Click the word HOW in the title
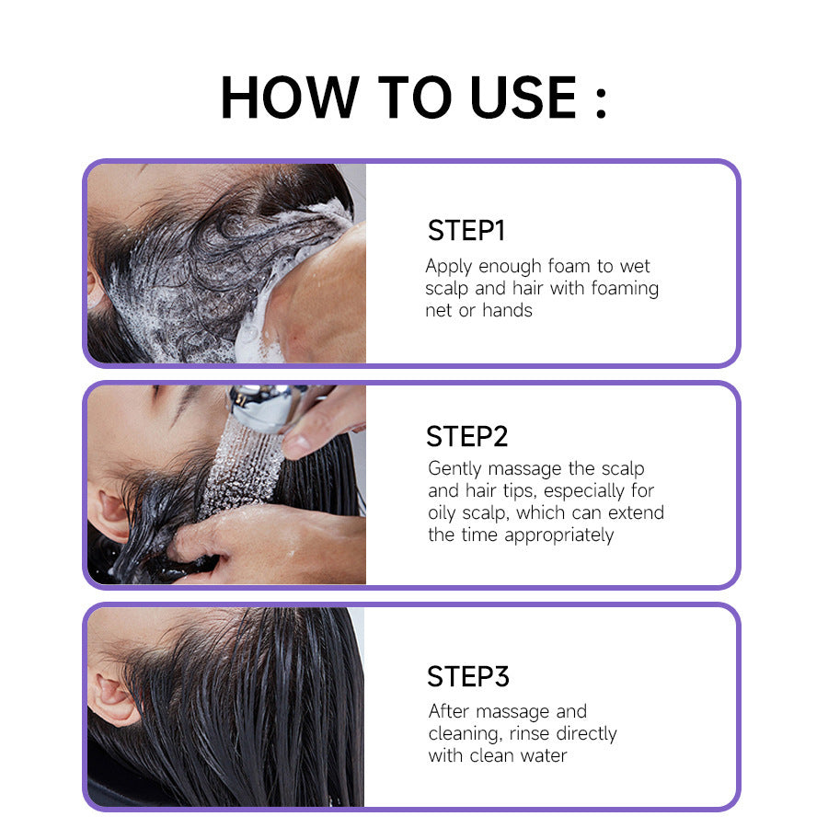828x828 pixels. pyautogui.click(x=290, y=97)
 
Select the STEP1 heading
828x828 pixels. pyautogui.click(x=466, y=231)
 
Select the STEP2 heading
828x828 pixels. pyautogui.click(x=467, y=436)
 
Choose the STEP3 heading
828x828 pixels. pyautogui.click(x=467, y=677)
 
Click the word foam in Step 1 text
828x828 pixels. pyautogui.click(x=570, y=267)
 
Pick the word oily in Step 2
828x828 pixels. pyautogui.click(x=444, y=513)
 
